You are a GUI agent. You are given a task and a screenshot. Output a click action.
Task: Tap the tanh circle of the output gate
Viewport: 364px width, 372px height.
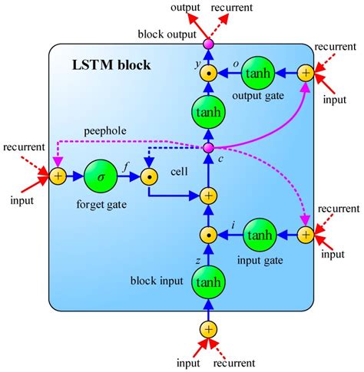point(259,74)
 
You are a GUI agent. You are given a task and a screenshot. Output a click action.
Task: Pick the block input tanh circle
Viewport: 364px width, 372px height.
point(207,283)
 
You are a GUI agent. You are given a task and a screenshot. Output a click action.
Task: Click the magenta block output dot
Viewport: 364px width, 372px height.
point(207,44)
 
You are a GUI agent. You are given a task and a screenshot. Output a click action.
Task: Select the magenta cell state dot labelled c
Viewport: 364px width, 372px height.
point(207,148)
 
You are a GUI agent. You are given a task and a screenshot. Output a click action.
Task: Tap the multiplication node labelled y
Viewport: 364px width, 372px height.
point(207,74)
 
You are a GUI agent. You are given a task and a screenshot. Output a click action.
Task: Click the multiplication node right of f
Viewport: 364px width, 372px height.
point(150,176)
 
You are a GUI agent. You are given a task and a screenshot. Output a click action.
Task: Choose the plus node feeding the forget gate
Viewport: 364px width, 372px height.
point(57,176)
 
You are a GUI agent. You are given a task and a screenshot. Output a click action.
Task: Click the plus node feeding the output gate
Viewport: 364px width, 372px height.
point(306,74)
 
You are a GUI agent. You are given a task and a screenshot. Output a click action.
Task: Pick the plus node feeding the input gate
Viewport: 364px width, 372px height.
point(306,234)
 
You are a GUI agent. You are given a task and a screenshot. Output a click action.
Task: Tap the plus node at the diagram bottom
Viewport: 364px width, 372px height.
point(207,329)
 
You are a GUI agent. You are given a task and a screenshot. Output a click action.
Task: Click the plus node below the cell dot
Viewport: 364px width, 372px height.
point(207,196)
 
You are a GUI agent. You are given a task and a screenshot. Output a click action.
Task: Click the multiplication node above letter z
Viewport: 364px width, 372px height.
point(207,234)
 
